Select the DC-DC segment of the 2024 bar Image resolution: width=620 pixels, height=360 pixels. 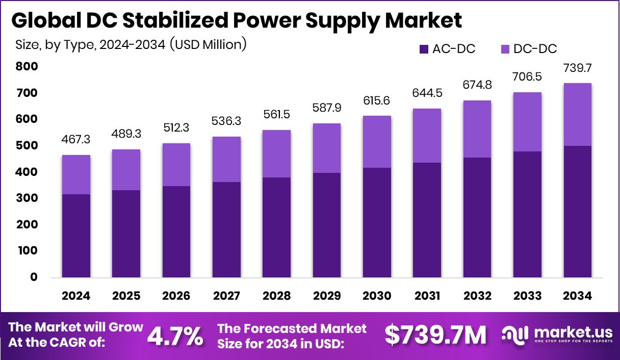point(76,174)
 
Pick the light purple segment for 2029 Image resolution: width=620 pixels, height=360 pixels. point(327,148)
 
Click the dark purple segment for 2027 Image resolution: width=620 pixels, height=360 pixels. point(226,229)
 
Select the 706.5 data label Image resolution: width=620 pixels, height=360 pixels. point(527,78)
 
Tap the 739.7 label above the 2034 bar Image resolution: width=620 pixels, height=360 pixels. point(577,68)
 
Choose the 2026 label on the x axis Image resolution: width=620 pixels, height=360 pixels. point(176,296)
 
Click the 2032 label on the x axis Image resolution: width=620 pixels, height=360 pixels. point(477,296)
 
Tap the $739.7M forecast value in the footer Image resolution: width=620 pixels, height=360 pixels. point(435,335)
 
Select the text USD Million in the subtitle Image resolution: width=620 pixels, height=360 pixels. point(208,44)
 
